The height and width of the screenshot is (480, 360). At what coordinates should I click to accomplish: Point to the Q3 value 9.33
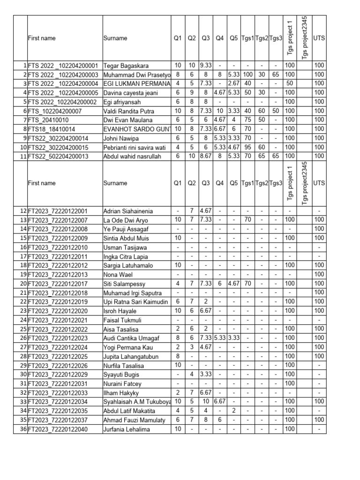pos(206,66)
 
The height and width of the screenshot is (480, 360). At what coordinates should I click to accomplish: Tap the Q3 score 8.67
pos(206,156)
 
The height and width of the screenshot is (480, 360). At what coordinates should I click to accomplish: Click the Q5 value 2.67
pos(234,83)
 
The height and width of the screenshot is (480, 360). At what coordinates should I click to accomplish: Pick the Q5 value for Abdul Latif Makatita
pos(234,411)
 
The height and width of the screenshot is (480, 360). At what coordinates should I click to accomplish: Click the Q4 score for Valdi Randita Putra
pos(220,111)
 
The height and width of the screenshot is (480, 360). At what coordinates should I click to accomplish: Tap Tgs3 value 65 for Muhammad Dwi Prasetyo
pos(276,75)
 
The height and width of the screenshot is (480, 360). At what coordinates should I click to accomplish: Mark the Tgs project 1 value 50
pos(290,83)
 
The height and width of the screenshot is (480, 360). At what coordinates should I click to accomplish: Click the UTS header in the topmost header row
pos(319,38)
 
